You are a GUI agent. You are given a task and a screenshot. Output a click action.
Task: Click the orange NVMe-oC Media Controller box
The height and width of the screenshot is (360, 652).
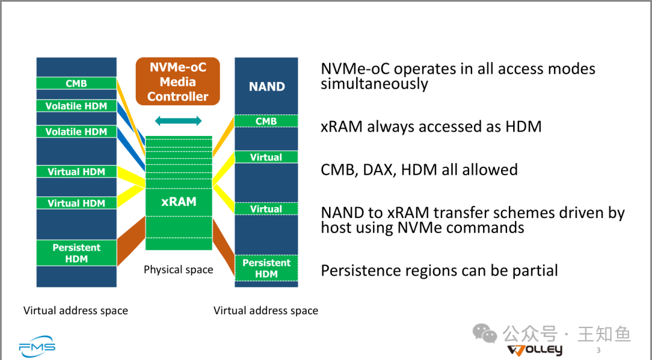[x=177, y=82]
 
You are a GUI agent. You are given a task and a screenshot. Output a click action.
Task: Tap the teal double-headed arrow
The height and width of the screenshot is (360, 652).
[x=178, y=121]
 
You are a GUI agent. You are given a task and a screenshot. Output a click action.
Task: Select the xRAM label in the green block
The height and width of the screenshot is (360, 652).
[x=179, y=202]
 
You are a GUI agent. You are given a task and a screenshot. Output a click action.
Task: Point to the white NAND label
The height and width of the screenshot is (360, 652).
[x=267, y=86]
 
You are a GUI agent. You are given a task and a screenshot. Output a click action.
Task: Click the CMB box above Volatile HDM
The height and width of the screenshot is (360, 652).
[x=77, y=83]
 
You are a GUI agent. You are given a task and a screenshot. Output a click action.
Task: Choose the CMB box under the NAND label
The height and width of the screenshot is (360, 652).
[x=266, y=121]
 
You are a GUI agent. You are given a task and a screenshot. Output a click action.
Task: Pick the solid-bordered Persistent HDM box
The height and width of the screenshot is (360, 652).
[x=77, y=253]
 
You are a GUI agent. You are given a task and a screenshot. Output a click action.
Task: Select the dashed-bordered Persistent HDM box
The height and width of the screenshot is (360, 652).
[x=266, y=268]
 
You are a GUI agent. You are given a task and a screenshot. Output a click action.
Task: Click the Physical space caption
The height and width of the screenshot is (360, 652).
[x=178, y=269]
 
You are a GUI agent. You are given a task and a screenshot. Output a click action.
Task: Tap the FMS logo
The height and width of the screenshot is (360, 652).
[x=37, y=346]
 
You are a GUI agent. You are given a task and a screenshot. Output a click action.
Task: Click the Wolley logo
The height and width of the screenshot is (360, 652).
[x=535, y=350]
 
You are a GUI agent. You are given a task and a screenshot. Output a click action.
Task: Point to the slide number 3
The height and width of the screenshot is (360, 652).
[x=598, y=350]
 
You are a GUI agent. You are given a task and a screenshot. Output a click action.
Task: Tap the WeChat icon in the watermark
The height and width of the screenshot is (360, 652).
[x=485, y=334]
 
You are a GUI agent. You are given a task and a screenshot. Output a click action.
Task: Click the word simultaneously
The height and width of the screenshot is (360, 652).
[x=374, y=83]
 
